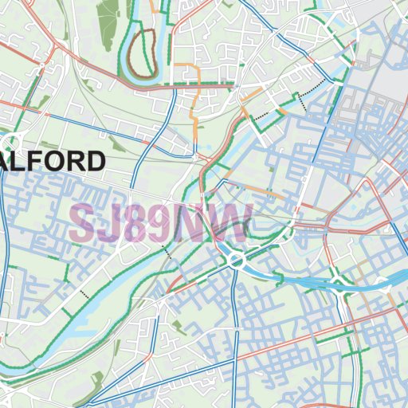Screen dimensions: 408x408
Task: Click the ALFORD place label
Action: tap(53, 162)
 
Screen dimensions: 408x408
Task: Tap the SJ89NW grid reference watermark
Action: tap(159, 224)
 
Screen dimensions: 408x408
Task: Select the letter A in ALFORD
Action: tap(10, 162)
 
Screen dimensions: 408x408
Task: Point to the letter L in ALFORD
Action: tap(26, 162)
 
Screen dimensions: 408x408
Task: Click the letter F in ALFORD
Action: tap(41, 162)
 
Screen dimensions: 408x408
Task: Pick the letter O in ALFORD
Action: tap(58, 162)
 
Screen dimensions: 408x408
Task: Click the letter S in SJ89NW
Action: tap(82, 224)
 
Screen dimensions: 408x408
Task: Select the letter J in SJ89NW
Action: tap(108, 224)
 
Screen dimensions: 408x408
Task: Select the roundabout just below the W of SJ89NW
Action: tap(237, 261)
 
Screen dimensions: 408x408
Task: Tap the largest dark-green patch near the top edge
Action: tap(108, 20)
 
